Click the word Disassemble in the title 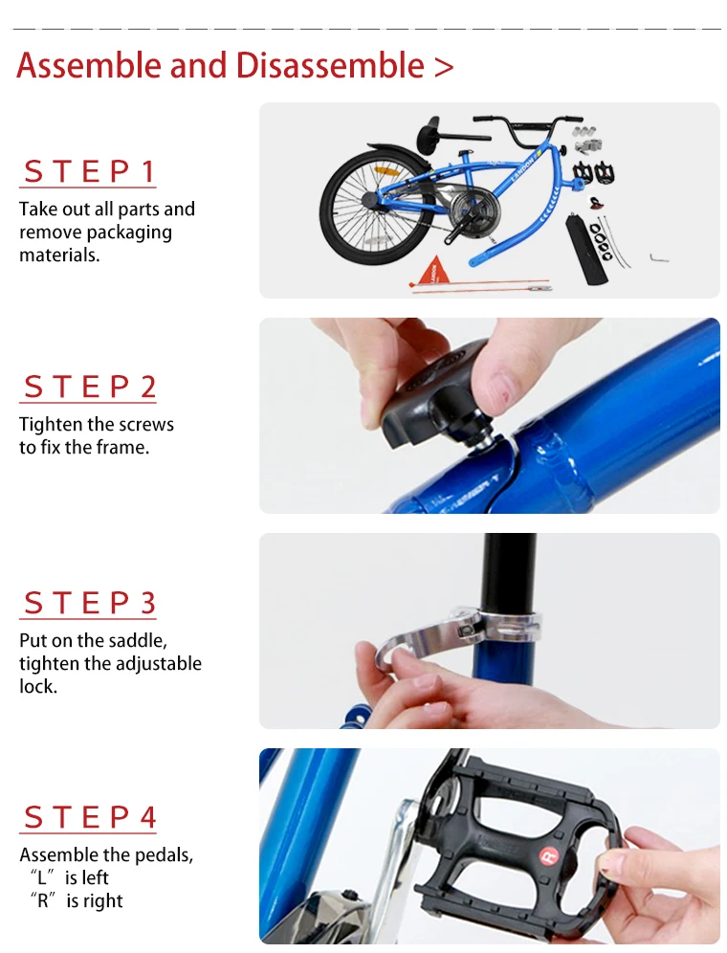pos(330,66)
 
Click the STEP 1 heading pos(89,171)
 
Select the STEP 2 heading pos(89,387)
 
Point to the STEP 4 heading pos(89,817)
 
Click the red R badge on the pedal pos(548,857)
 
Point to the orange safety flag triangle pos(432,271)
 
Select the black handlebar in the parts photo pos(528,127)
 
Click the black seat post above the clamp pos(510,572)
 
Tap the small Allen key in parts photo pos(659,258)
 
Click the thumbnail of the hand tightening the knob pos(490,415)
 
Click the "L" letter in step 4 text pos(42,878)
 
